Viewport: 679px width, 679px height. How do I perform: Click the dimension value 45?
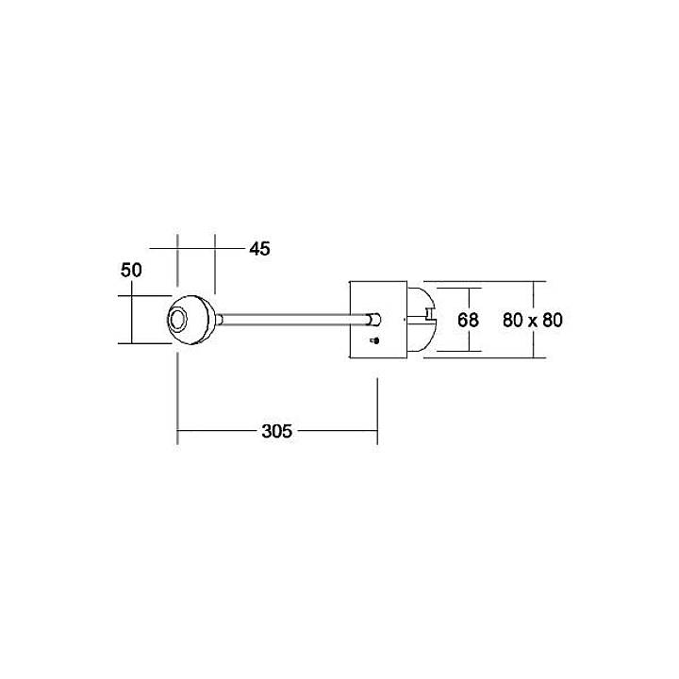(259, 249)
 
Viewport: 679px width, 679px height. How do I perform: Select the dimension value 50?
(131, 270)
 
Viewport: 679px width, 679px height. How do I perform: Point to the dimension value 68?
(468, 320)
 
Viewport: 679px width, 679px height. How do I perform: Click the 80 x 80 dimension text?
(532, 320)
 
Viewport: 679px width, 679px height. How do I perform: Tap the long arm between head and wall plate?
(292, 321)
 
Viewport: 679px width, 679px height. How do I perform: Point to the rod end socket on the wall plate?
(375, 320)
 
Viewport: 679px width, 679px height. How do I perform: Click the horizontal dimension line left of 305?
(218, 432)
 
